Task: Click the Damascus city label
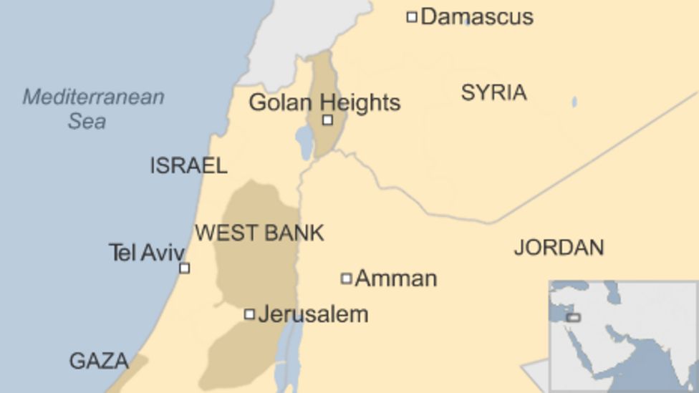476,16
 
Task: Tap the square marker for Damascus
412,16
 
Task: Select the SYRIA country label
493,92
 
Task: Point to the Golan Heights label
324,102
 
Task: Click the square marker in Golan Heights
327,120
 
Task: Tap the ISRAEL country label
188,166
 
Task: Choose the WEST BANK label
259,233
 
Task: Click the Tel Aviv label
146,252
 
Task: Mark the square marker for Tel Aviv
184,268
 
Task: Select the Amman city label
395,278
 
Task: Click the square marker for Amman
346,278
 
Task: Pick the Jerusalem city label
313,314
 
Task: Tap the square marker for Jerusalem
249,314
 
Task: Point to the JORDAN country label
559,248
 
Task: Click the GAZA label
99,361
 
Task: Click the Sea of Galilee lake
305,142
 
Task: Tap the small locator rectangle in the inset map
574,317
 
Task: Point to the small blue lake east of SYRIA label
574,102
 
